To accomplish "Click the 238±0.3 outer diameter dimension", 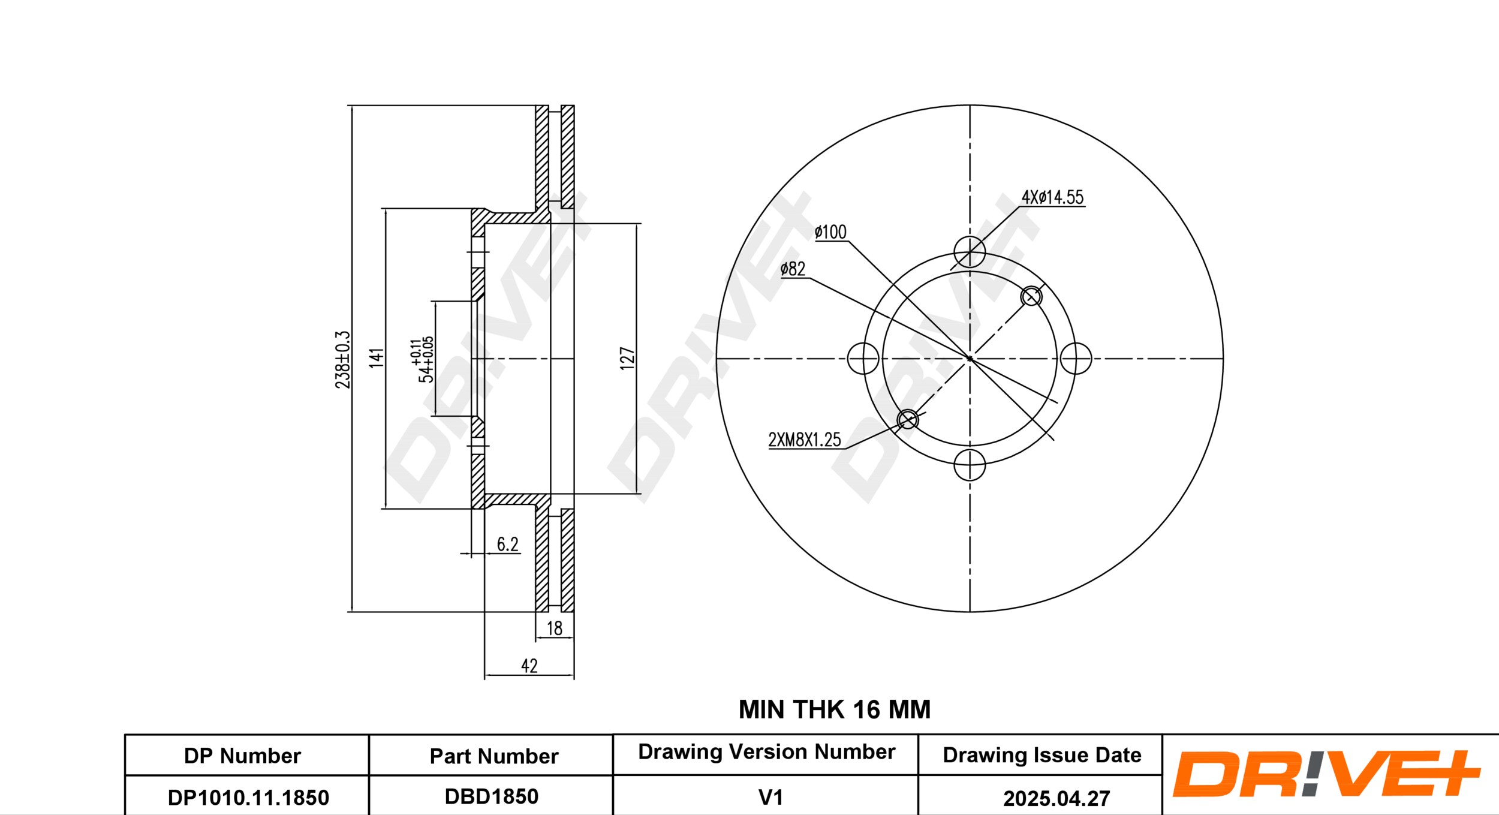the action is coord(342,359).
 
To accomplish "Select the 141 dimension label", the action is coord(376,357).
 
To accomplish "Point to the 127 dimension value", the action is coord(627,358).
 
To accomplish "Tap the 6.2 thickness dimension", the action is coord(507,544).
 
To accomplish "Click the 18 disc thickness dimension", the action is coord(555,628).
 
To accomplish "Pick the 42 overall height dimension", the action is coord(529,666).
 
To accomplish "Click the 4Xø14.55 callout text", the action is coord(1053,197).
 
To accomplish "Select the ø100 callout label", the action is coord(830,232).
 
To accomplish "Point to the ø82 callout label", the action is coord(793,269).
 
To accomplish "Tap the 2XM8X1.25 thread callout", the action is coord(805,440).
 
